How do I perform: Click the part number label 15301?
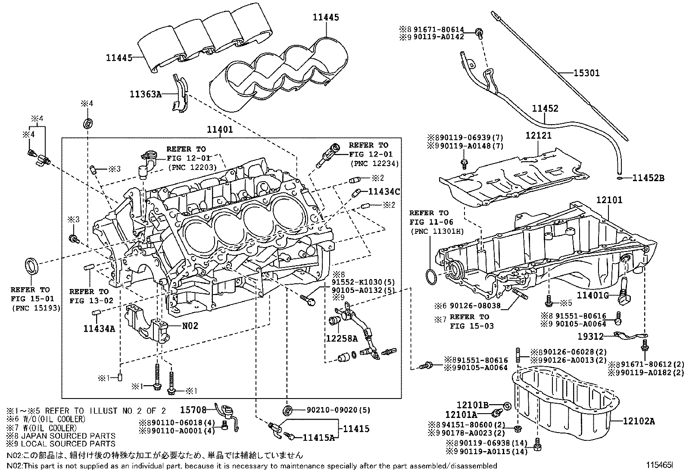click(x=586, y=74)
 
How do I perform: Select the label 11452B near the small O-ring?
click(x=649, y=178)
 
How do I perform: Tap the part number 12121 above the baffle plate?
click(x=538, y=135)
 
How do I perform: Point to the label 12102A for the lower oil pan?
click(x=639, y=421)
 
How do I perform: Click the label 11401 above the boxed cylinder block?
click(x=219, y=129)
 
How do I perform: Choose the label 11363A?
click(x=146, y=94)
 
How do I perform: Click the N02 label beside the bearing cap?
click(x=190, y=326)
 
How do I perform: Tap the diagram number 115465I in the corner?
click(x=658, y=465)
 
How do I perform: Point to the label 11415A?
click(x=319, y=437)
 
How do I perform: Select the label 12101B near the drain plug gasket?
click(x=472, y=405)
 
